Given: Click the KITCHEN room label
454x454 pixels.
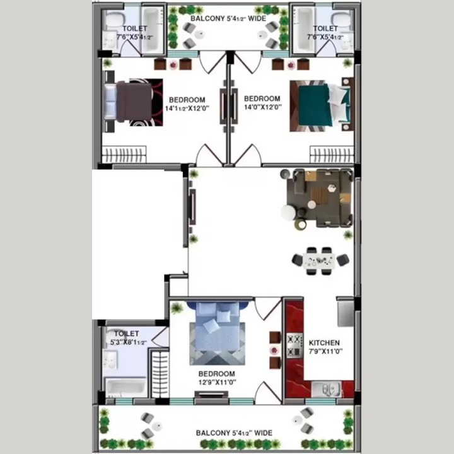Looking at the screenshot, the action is click(x=324, y=343).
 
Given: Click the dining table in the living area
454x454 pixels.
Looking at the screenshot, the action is click(x=320, y=260).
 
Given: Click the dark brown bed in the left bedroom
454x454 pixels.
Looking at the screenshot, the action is click(x=133, y=103).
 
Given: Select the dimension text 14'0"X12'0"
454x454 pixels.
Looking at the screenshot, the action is click(x=263, y=107).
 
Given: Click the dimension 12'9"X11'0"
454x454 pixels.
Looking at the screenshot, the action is click(x=217, y=382).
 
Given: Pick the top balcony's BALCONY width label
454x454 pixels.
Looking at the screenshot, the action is click(x=228, y=18).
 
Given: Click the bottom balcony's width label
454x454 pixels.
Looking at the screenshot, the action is click(x=234, y=433).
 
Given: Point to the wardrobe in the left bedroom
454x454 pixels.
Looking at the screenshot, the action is click(x=124, y=154).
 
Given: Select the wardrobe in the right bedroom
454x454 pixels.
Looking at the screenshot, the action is click(x=332, y=154).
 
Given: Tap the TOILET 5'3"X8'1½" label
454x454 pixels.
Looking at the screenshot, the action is click(x=127, y=338).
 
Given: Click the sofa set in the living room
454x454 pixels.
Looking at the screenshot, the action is click(x=318, y=199).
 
